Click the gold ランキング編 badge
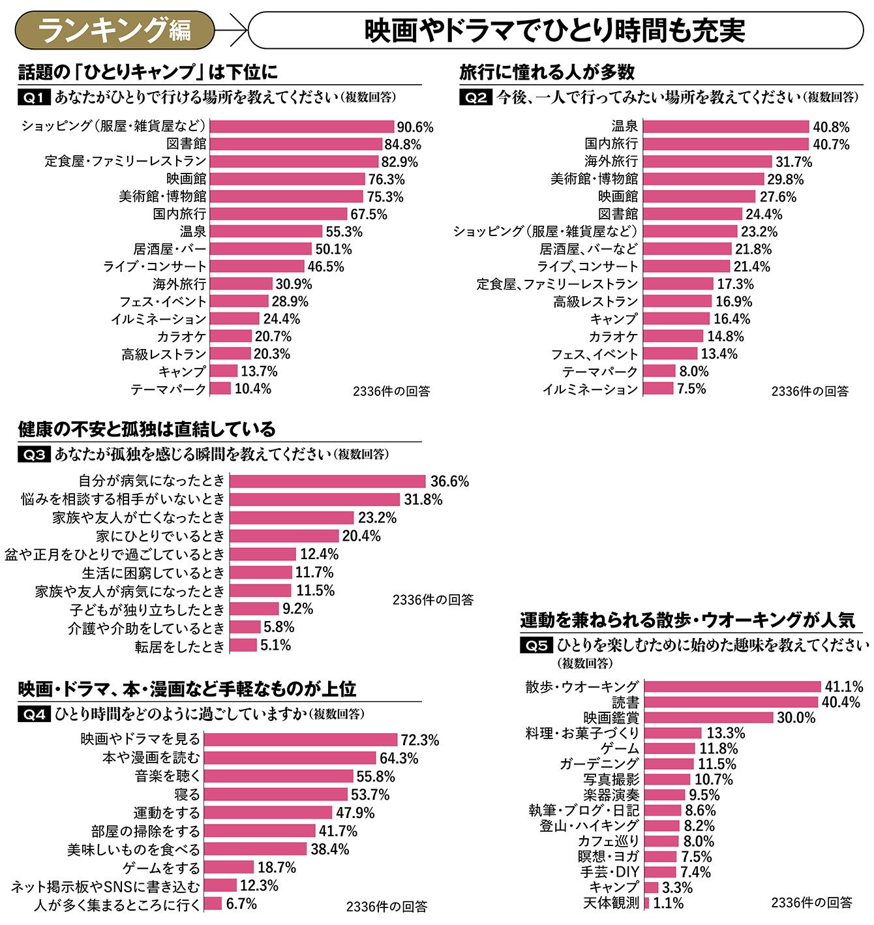115,30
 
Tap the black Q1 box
33,98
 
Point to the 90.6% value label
415,127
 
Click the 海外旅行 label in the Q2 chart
610,161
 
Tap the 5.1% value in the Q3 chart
276,645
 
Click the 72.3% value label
419,740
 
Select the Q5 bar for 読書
731,702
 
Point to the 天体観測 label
611,903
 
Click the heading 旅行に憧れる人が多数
547,72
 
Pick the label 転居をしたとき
179,646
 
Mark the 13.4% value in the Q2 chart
719,354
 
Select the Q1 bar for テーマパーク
220,389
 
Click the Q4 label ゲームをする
161,868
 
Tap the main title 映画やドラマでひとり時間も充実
554,30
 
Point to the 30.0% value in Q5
796,718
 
